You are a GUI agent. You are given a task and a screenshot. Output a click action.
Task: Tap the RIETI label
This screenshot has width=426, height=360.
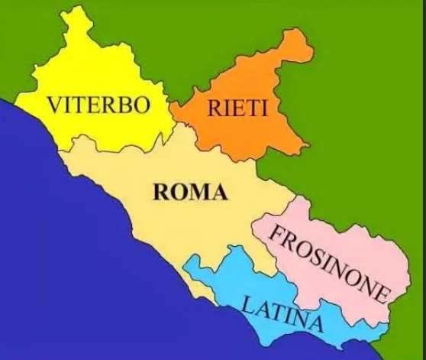pos(237,109)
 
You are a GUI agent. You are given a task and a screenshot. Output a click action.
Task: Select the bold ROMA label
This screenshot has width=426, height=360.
pos(190,192)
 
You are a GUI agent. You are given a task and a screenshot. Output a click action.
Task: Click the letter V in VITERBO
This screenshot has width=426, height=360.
pos(54,105)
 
